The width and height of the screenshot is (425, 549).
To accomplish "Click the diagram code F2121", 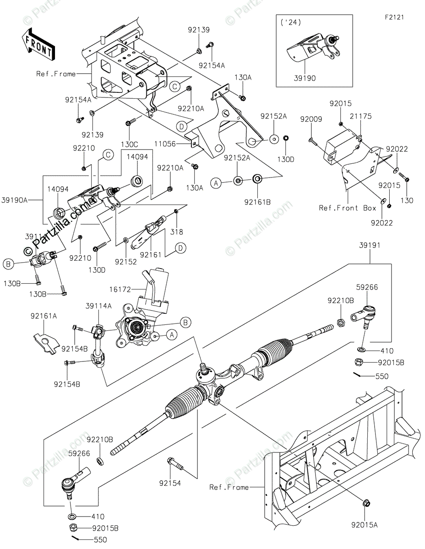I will coord(394,17).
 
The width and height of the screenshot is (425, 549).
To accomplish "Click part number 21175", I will coord(360,117).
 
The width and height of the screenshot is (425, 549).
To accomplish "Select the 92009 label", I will coord(311,119).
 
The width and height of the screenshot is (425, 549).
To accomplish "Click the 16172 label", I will coord(120,290).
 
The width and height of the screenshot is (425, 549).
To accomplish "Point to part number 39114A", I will coord(98,306).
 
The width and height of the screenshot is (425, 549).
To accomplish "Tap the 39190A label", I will coord(15,200).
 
